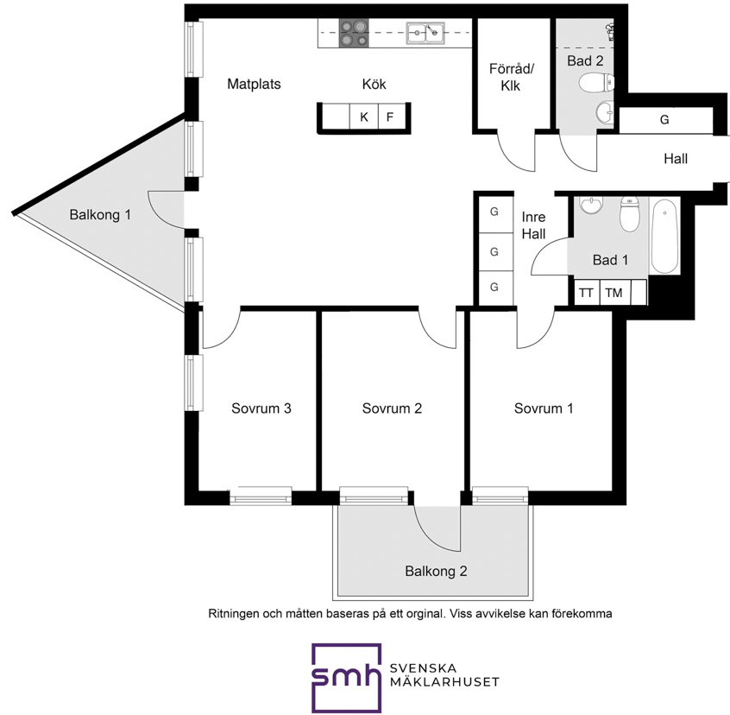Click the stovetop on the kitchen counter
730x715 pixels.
coord(354,33)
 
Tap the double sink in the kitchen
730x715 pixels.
coord(425,33)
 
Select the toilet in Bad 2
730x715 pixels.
coord(596,83)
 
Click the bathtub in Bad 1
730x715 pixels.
coord(664,236)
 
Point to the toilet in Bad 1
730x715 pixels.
coord(629,214)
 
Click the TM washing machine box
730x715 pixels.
coord(614,293)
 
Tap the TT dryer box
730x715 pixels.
coord(587,293)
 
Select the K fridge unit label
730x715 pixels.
coord(364,117)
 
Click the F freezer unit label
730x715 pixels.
coord(390,117)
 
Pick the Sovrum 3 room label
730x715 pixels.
coord(261,408)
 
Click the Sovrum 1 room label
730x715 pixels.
coord(544,408)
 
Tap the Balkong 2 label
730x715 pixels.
coord(436,571)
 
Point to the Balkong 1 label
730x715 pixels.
coord(100,215)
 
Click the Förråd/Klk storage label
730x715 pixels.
coord(511,78)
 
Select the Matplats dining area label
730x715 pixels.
coord(255,85)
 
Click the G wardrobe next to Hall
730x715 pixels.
coord(664,120)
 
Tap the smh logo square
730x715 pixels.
coord(346,678)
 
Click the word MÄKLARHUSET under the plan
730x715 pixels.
coord(444,682)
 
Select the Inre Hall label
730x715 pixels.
coord(533,225)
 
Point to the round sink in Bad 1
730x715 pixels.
coord(590,205)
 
